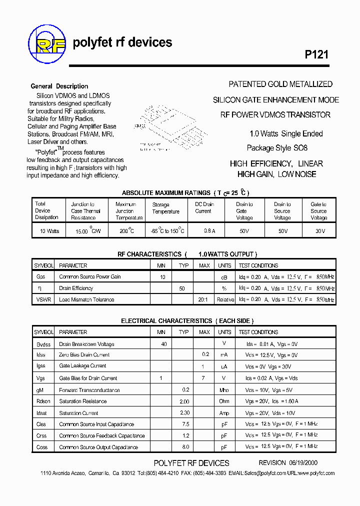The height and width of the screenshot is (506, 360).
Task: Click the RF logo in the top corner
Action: tap(47, 43)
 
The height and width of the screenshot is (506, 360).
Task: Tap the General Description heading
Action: tap(59, 86)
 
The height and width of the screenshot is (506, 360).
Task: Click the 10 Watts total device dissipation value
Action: tap(46, 231)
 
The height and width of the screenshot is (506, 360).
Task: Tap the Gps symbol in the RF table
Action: tap(40, 277)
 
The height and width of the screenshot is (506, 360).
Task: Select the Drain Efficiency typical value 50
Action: tap(182, 288)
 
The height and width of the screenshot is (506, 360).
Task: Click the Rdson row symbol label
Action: tap(43, 401)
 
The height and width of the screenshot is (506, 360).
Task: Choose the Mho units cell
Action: tap(224, 390)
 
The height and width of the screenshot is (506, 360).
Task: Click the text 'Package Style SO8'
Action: tap(277, 148)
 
